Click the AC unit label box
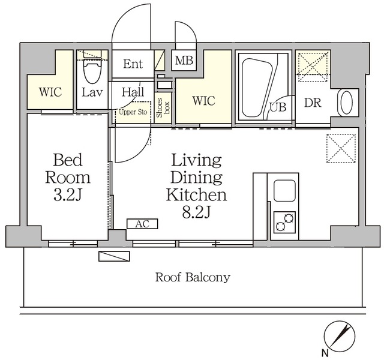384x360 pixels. point(142,224)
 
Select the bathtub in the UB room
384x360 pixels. point(257,88)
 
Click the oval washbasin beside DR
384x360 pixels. point(346,103)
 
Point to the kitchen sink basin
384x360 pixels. point(284,191)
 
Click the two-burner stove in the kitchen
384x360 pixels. point(284,222)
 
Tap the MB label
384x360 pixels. point(184,60)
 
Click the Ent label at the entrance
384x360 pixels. point(133,64)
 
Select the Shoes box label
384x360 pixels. point(163,108)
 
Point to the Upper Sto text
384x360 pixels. point(133,112)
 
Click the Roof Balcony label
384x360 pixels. point(193,277)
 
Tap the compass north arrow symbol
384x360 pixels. point(340,336)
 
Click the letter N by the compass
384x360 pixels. point(325,353)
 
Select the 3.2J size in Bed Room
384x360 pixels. point(67,195)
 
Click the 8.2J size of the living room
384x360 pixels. point(196,212)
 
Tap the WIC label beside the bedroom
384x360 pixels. point(50,92)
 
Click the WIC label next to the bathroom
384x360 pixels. point(203,101)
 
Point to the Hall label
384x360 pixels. point(133,92)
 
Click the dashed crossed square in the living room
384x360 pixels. point(341,148)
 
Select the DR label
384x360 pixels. point(313,103)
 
